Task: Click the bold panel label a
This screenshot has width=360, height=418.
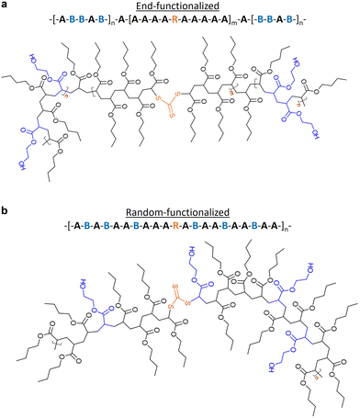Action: pyautogui.click(x=6, y=6)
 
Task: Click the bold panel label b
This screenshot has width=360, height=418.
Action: pyautogui.click(x=6, y=210)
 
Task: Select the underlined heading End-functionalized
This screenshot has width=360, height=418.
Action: pyautogui.click(x=180, y=7)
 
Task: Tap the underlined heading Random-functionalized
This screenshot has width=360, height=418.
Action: pyautogui.click(x=180, y=210)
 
